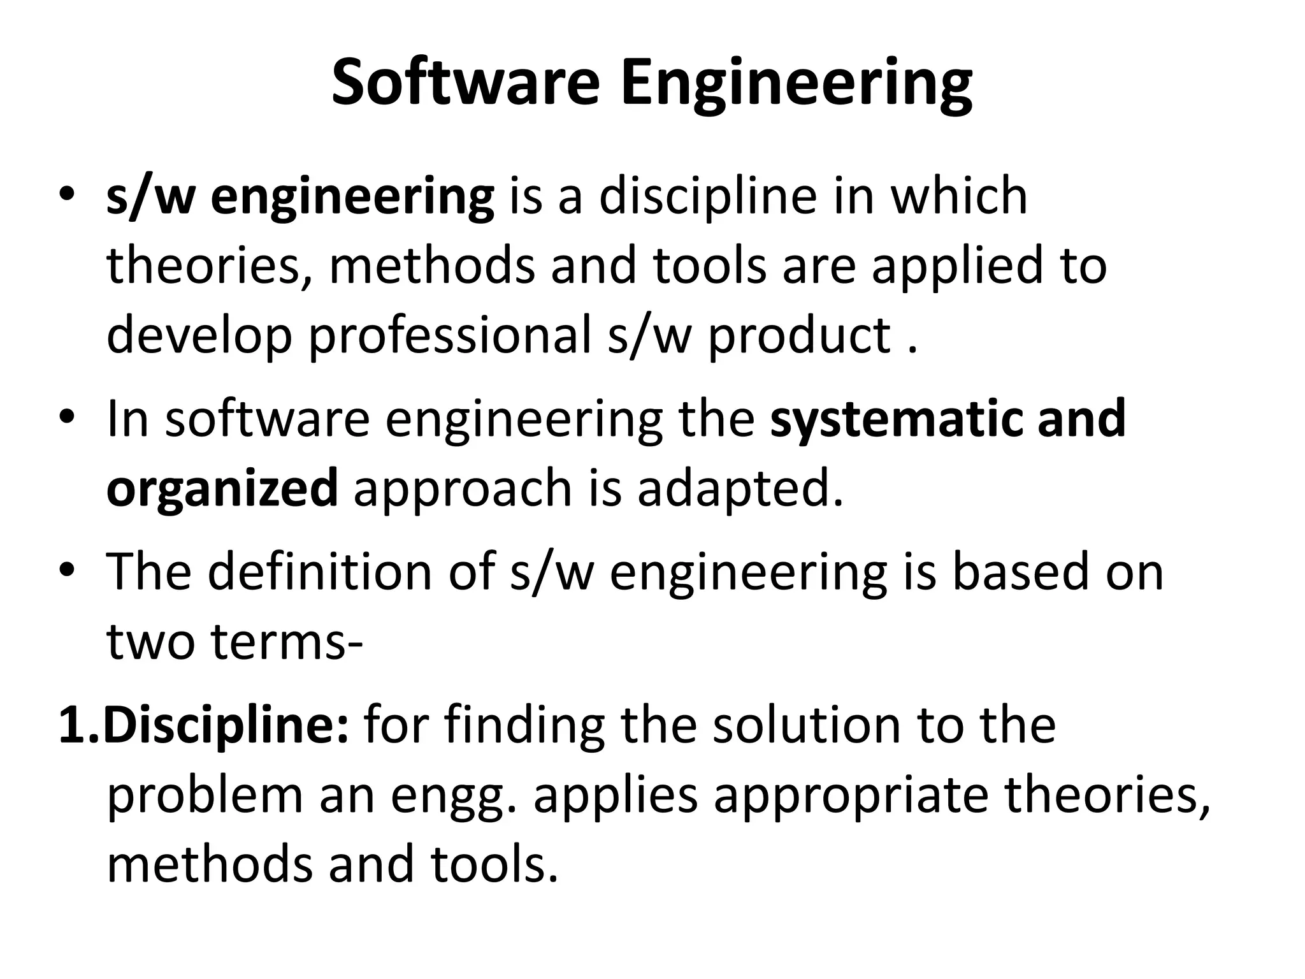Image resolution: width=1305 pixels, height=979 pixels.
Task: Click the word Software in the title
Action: click(465, 83)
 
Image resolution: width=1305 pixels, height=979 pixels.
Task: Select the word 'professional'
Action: click(449, 336)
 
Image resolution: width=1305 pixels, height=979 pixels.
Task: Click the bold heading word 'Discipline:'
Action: click(226, 727)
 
